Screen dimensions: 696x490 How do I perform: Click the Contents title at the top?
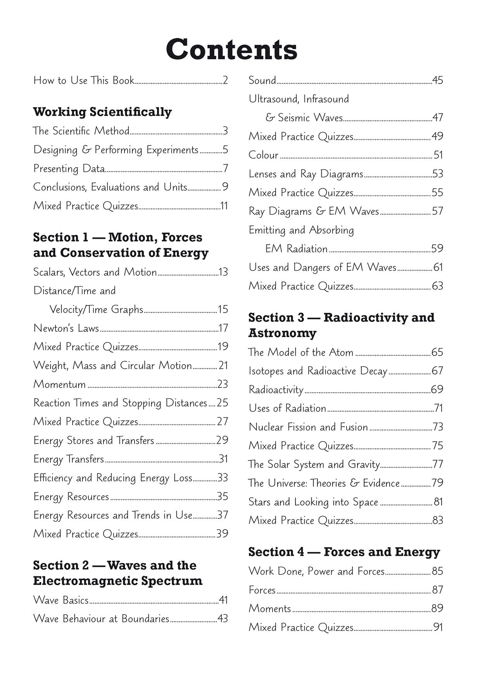pos(231,49)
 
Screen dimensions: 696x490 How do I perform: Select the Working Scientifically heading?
pos(102,112)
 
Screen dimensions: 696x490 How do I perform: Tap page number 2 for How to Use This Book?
pos(225,80)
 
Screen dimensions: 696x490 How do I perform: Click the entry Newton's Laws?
pos(66,328)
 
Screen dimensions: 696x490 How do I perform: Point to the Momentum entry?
pos(60,384)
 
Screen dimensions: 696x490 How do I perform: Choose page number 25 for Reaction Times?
pos(223,403)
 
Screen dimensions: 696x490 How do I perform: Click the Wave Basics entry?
pos(61,600)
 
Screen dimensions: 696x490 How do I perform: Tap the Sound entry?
pos(262,80)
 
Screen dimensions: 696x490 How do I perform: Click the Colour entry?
pos(264,155)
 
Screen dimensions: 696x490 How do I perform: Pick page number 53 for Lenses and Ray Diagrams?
pos(438,174)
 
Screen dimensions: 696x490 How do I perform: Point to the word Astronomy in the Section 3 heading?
pos(283,333)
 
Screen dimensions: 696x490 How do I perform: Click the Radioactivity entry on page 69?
pos(276,390)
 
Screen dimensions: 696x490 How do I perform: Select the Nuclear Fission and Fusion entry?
pos(308,427)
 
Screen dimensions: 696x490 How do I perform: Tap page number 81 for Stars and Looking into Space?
pos(438,502)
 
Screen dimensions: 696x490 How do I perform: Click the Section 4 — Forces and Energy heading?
pos(344,552)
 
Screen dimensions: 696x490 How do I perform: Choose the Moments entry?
pos(270,608)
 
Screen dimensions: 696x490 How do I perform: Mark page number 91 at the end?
pos(438,627)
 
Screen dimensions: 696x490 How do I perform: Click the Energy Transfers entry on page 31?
pos(69,459)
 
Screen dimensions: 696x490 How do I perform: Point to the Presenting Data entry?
pos(69,169)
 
